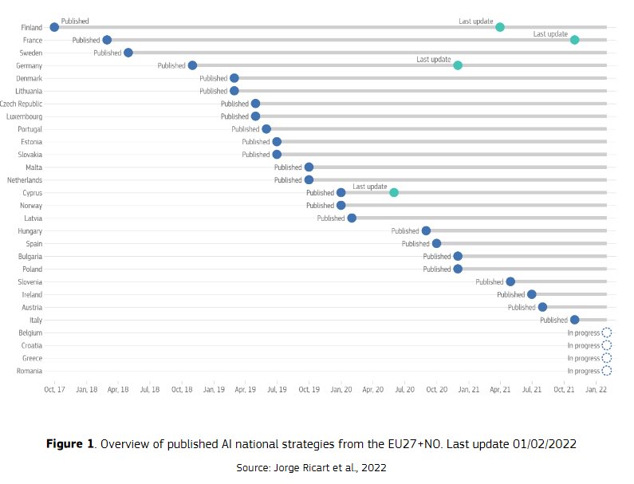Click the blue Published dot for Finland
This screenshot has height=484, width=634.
pos(54,27)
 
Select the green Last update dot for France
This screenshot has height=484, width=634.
pos(574,40)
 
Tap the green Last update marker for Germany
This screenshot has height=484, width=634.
pos(458,65)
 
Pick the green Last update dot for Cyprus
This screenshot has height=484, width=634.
pos(394,192)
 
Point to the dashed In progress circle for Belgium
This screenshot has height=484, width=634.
pos(606,333)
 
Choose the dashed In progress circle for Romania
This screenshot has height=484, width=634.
pos(606,371)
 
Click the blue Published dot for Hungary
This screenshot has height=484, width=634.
pos(426,230)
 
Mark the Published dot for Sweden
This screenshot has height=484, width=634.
pos(128,53)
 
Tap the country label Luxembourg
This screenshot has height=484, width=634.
pos(24,116)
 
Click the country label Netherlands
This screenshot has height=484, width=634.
pos(24,180)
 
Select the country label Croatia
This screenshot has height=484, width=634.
pos(31,345)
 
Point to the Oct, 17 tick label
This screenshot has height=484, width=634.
pos(54,390)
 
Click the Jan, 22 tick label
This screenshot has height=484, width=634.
pos(596,390)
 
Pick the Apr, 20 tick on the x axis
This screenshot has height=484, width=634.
pos(372,390)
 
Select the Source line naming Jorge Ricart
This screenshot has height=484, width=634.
pos(311,468)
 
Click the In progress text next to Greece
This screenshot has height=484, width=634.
pos(583,358)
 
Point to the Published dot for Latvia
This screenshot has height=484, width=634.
pos(352,218)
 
